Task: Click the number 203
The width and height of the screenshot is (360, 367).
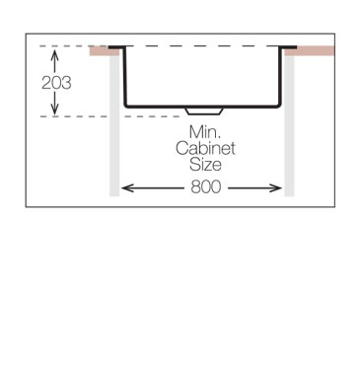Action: pyautogui.click(x=55, y=83)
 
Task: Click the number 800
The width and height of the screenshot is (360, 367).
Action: pyautogui.click(x=205, y=186)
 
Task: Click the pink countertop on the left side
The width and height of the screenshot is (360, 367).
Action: pyautogui.click(x=102, y=51)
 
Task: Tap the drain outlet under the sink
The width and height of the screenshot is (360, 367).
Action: pyautogui.click(x=203, y=110)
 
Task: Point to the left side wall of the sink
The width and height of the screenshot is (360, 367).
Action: pyautogui.click(x=125, y=76)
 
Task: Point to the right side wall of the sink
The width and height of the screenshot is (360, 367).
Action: pyautogui.click(x=281, y=76)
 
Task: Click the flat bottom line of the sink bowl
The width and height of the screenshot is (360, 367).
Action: pyautogui.click(x=158, y=106)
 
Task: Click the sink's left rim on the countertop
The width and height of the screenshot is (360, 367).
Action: pyautogui.click(x=116, y=45)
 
